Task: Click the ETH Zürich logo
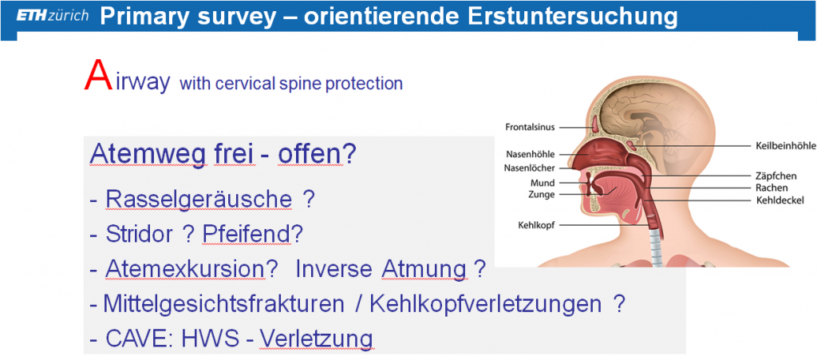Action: coord(52,16)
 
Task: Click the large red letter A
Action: coord(98,76)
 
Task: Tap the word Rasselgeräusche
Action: coord(199,200)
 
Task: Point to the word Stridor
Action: coord(139,235)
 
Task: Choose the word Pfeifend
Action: coord(247,235)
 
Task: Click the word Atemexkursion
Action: coord(185,269)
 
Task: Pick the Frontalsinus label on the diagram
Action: coord(531,127)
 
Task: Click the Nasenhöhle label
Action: coord(531,154)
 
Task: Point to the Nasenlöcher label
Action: coord(530,168)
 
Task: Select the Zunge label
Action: coord(543,194)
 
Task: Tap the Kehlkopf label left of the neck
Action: coord(535,226)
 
